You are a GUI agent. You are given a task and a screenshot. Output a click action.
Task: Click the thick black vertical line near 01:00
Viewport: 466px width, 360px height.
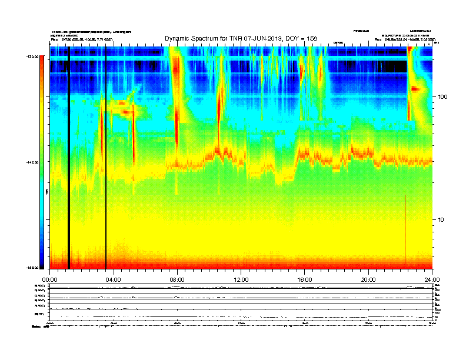(x=69, y=159)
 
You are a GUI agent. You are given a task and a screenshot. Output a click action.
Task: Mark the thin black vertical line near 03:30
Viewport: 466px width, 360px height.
(x=106, y=159)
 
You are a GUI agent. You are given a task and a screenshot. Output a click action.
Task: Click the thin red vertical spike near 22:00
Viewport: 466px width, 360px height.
(x=405, y=229)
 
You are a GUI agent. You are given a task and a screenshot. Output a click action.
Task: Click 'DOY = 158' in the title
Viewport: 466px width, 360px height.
(x=304, y=38)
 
